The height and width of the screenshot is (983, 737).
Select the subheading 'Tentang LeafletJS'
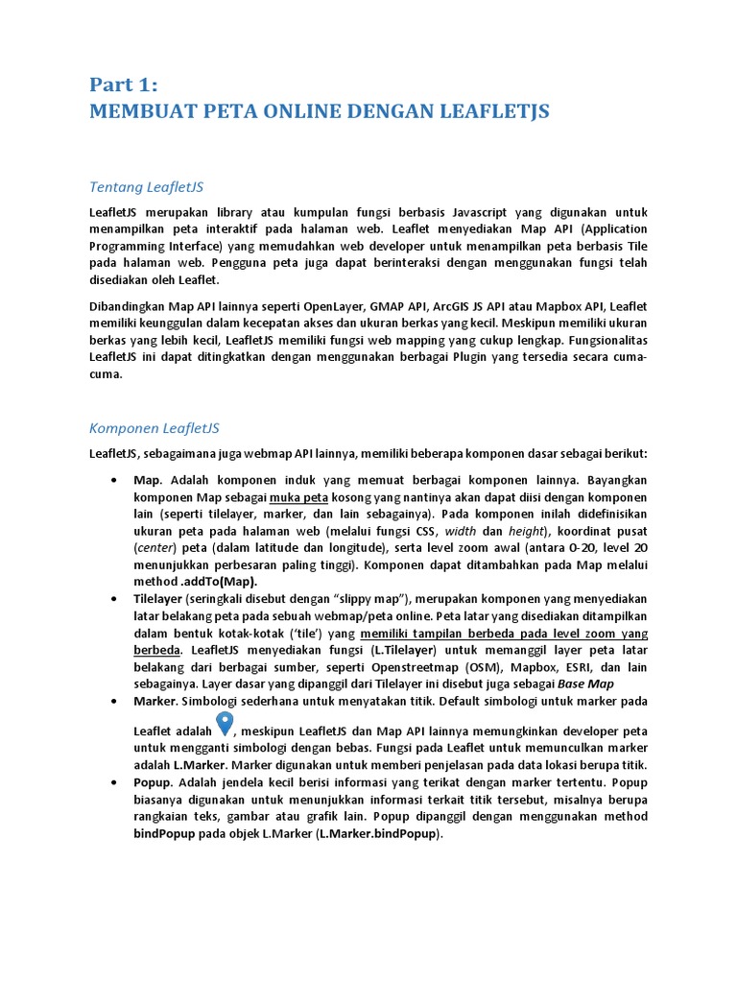pyautogui.click(x=153, y=185)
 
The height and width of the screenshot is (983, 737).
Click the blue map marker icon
pyautogui.click(x=225, y=726)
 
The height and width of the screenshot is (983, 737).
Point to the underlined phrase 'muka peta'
pyautogui.click(x=299, y=497)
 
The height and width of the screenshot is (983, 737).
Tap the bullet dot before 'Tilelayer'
pyautogui.click(x=114, y=599)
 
